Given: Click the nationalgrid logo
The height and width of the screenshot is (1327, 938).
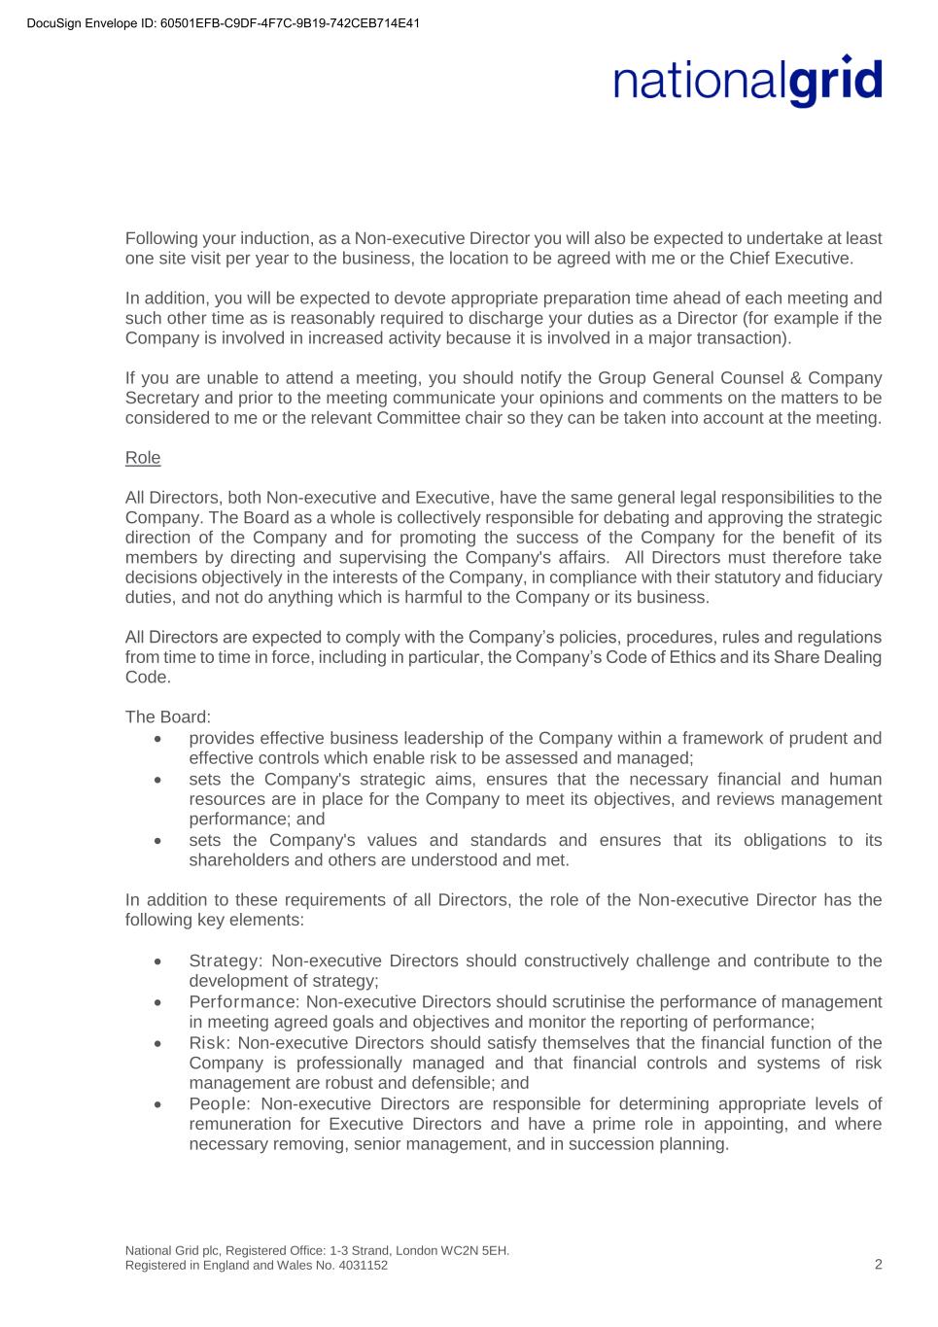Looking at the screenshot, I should pos(747,81).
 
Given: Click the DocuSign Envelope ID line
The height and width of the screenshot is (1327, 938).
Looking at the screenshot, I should pos(224,23).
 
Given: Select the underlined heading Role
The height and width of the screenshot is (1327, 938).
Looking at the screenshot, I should pos(143,458).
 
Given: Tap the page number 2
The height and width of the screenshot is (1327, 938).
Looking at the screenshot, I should pos(879,1264).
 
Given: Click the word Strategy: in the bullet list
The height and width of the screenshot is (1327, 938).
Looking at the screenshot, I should pos(226,960).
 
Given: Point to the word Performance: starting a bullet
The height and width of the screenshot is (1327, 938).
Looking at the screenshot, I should pos(244,1001).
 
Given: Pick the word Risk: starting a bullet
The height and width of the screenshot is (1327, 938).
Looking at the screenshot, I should pos(210,1042).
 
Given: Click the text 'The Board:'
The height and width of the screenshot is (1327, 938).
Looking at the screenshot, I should pos(168,716).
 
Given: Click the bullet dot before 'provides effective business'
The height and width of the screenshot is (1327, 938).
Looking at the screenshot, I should pos(157,739).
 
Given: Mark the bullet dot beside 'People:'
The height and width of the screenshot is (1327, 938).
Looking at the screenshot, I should pos(157,1104).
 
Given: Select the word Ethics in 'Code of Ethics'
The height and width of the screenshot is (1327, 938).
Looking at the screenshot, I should pos(695,657).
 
